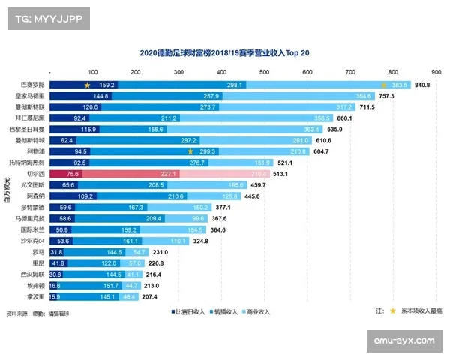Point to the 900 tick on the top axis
[x=436, y=72]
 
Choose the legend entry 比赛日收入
[x=186, y=311]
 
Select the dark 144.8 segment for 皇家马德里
[x=79, y=97]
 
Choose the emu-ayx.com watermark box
[x=404, y=340]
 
